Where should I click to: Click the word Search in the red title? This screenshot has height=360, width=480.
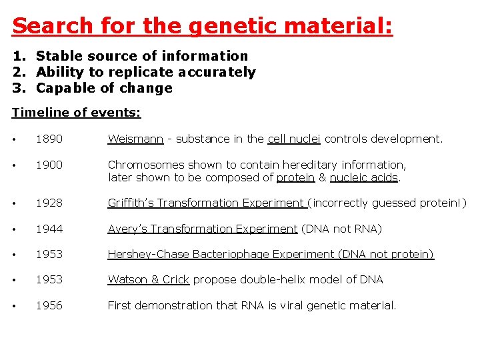(53, 26)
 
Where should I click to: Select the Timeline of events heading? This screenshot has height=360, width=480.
(77, 113)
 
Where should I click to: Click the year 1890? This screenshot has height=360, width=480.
(49, 139)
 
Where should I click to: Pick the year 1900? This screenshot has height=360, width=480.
(49, 165)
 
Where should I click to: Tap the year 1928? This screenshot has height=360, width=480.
(49, 203)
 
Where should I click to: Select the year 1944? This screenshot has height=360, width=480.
(49, 229)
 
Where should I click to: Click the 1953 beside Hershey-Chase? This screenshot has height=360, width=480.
(49, 254)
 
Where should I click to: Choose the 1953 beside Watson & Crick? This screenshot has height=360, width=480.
(49, 279)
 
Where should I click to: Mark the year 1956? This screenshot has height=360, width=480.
(49, 305)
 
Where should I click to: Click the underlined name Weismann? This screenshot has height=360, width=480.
(135, 139)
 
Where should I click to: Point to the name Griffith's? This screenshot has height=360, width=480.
(132, 203)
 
